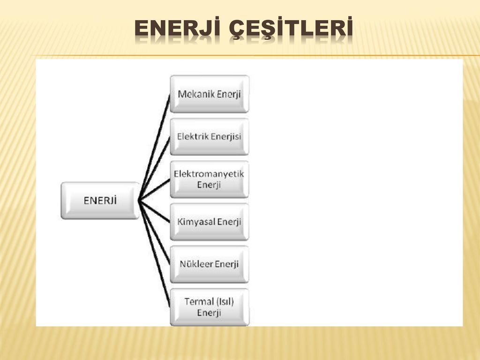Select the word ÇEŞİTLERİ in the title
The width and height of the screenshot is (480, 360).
click(x=291, y=29)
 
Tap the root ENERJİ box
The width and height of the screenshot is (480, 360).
click(x=100, y=201)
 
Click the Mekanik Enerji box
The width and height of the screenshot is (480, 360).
click(x=210, y=94)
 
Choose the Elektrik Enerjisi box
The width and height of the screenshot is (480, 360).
click(x=210, y=136)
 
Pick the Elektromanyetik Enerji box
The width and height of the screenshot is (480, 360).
click(x=210, y=179)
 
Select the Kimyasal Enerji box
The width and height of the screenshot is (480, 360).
click(x=210, y=222)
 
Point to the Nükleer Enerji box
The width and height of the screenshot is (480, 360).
click(x=210, y=264)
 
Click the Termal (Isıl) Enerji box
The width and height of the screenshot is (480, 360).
click(x=210, y=307)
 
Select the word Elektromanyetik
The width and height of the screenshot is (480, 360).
click(x=209, y=174)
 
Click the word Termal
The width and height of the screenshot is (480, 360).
click(x=195, y=302)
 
